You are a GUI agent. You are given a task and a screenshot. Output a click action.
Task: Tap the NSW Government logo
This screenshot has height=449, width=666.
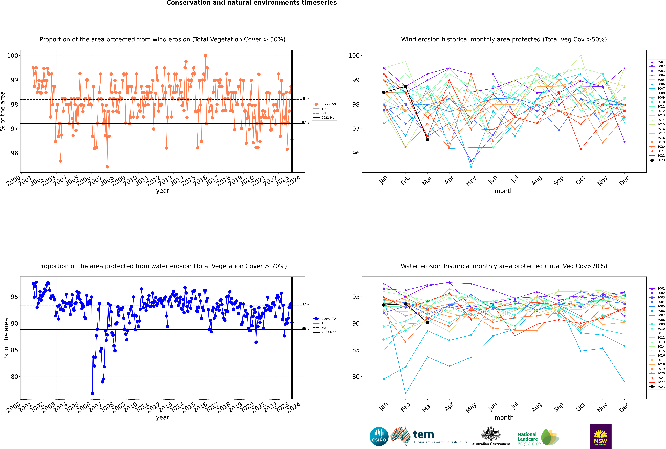click(600, 436)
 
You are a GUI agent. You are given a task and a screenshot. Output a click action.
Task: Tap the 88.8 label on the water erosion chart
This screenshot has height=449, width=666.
click(306, 328)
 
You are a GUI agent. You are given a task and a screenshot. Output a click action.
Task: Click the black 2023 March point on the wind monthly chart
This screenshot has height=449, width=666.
click(427, 140)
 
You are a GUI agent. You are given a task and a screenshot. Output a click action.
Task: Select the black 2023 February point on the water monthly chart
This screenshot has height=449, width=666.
click(405, 304)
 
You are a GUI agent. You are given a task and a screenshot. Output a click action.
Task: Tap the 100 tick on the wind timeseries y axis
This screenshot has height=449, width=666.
click(13, 56)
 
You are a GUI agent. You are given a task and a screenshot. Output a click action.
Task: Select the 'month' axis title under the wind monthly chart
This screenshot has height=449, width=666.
click(504, 191)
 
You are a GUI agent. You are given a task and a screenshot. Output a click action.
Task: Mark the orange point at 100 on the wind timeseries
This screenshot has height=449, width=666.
click(205, 56)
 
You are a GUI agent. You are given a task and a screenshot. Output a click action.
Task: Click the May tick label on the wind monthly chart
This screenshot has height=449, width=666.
click(471, 181)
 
